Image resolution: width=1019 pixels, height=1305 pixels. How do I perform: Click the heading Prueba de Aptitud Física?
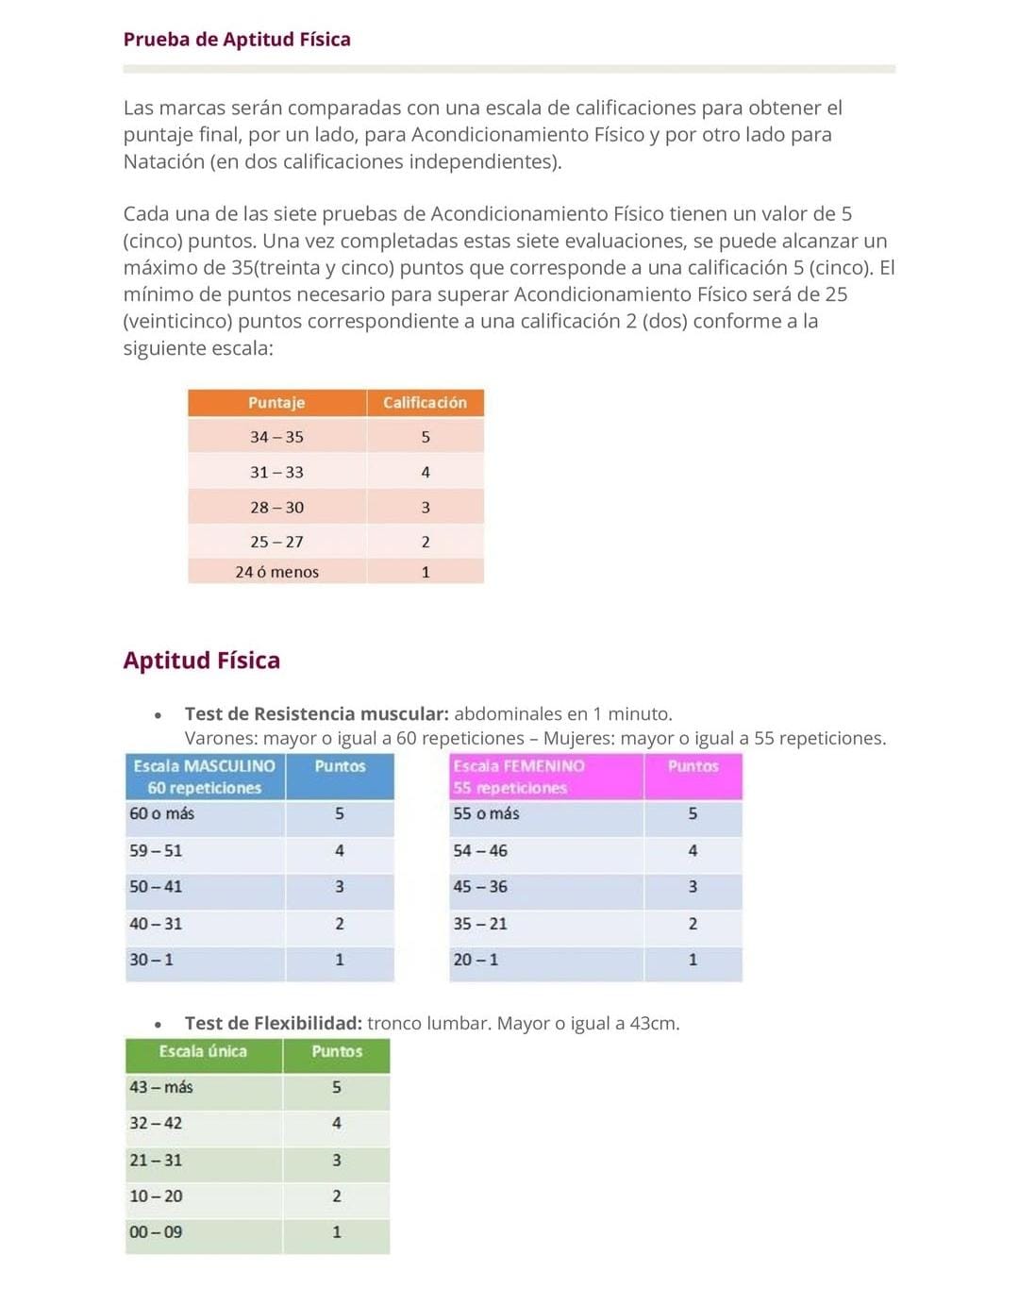(x=237, y=40)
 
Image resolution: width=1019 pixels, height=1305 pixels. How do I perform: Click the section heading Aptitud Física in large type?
(x=202, y=660)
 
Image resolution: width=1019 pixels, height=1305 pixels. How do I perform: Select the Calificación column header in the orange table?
(x=425, y=403)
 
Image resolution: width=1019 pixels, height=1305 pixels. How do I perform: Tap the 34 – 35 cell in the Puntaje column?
(x=276, y=437)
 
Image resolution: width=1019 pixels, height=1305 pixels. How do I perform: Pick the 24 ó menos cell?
(x=276, y=572)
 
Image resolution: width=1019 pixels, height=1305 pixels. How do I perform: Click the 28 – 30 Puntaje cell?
(x=276, y=508)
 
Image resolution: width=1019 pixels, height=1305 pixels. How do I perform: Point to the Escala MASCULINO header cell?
(x=205, y=777)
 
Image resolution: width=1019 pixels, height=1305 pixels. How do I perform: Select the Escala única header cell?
(x=203, y=1051)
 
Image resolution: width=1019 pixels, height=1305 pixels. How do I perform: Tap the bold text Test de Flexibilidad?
(x=274, y=1023)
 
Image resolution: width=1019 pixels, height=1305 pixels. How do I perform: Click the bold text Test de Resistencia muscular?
(x=316, y=713)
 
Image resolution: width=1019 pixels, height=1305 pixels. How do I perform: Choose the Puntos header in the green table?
(x=337, y=1051)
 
